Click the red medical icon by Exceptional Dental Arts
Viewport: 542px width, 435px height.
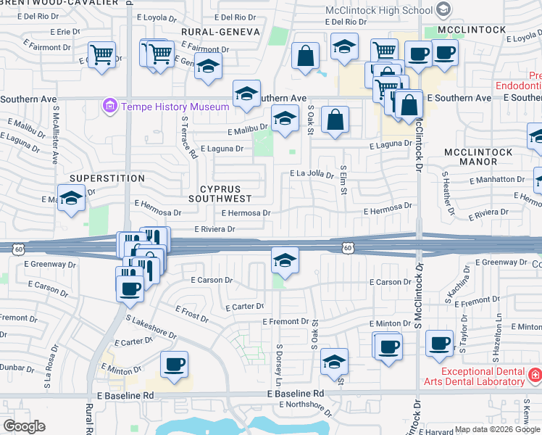535,375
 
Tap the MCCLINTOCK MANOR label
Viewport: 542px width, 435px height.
478,157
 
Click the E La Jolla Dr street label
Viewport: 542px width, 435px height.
312,174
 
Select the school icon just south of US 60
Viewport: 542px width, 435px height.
285,261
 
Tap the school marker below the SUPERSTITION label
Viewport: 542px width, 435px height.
72,198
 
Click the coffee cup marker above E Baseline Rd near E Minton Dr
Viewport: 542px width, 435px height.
174,365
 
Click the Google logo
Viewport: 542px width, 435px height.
23,426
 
